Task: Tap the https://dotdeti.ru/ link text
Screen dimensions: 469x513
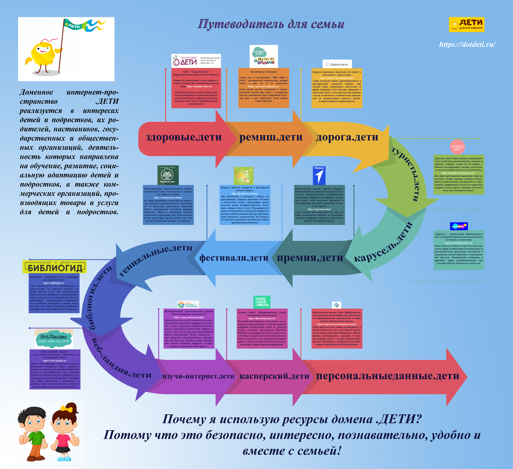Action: coord(467,45)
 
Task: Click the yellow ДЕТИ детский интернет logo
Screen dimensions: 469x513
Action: coord(466,25)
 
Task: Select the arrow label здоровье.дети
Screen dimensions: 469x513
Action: coord(184,137)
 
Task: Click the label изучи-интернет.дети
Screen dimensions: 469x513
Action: coord(198,376)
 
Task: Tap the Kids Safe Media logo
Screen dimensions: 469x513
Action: coord(262,302)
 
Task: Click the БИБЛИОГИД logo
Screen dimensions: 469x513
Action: coord(54,267)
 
